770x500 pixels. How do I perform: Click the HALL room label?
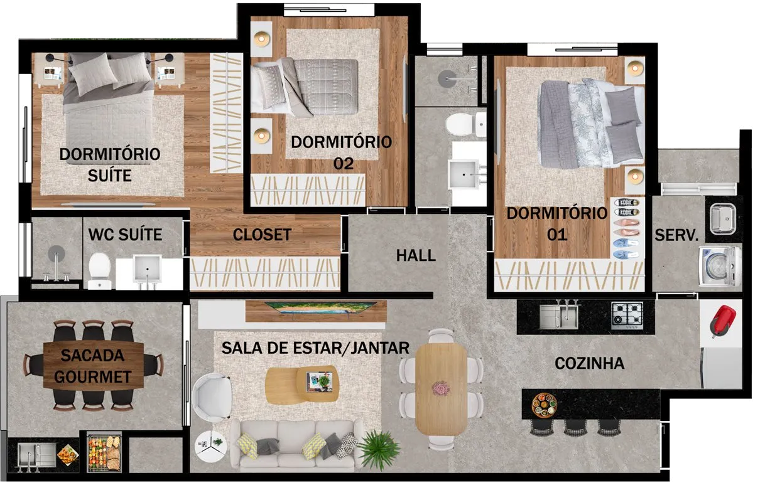[x=416, y=255]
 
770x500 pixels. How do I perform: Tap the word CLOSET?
[x=263, y=235]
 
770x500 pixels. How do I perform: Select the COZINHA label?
[x=590, y=363]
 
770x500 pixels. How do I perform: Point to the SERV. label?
[x=676, y=235]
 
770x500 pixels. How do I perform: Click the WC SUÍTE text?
[x=125, y=235]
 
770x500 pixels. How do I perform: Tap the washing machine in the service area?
[x=720, y=266]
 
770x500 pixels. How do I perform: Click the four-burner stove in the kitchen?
[x=627, y=316]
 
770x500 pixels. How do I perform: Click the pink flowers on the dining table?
[x=441, y=389]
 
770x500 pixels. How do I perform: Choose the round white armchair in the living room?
[x=212, y=397]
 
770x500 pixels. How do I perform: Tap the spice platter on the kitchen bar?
[x=545, y=405]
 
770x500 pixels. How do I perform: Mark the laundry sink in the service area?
[x=723, y=218]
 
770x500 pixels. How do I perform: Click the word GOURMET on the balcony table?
[x=93, y=376]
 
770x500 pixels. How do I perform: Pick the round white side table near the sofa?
[x=210, y=446]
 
